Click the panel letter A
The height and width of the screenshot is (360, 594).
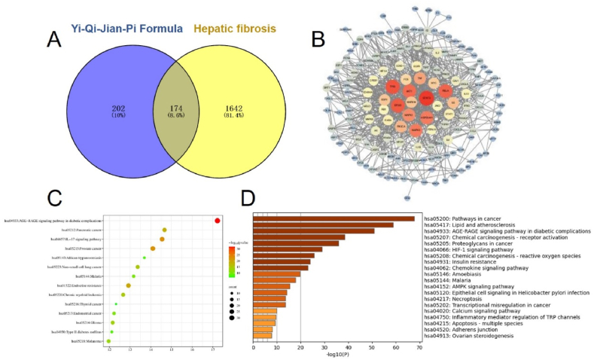[x=53, y=39]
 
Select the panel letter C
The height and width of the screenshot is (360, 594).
[x=53, y=198]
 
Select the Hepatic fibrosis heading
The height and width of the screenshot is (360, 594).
[x=239, y=29]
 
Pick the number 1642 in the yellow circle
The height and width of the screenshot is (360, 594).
[x=248, y=108]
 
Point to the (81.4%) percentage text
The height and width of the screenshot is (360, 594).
[x=248, y=117]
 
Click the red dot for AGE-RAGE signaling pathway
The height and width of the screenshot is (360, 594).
[x=217, y=220]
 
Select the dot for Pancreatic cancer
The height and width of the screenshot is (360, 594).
[x=164, y=230]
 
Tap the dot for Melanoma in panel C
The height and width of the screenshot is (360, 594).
[x=109, y=341]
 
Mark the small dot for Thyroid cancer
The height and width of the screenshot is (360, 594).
[x=116, y=304]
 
